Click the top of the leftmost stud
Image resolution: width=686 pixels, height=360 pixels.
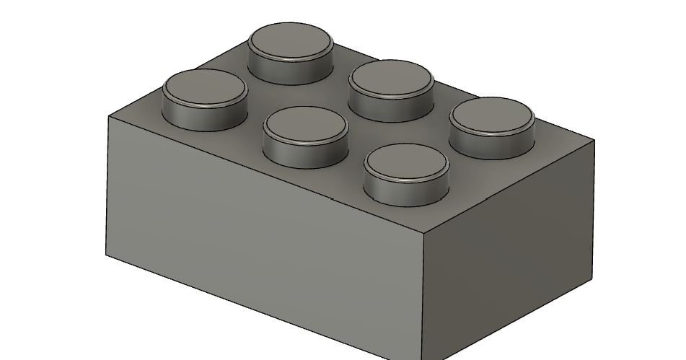pos(205,89)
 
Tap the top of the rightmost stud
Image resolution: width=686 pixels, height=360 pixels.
pos(493,115)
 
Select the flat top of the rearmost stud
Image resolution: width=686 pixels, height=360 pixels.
pos(291,40)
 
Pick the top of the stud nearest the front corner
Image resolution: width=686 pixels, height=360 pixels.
pos(406,162)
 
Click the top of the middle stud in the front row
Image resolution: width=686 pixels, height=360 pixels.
pos(305,125)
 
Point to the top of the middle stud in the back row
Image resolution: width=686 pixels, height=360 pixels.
pos(391,79)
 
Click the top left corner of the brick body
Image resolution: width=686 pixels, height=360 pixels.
pos(108,115)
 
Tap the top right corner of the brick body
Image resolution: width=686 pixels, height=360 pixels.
pos(594,139)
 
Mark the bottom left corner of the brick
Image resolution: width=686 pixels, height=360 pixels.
pos(107,254)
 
